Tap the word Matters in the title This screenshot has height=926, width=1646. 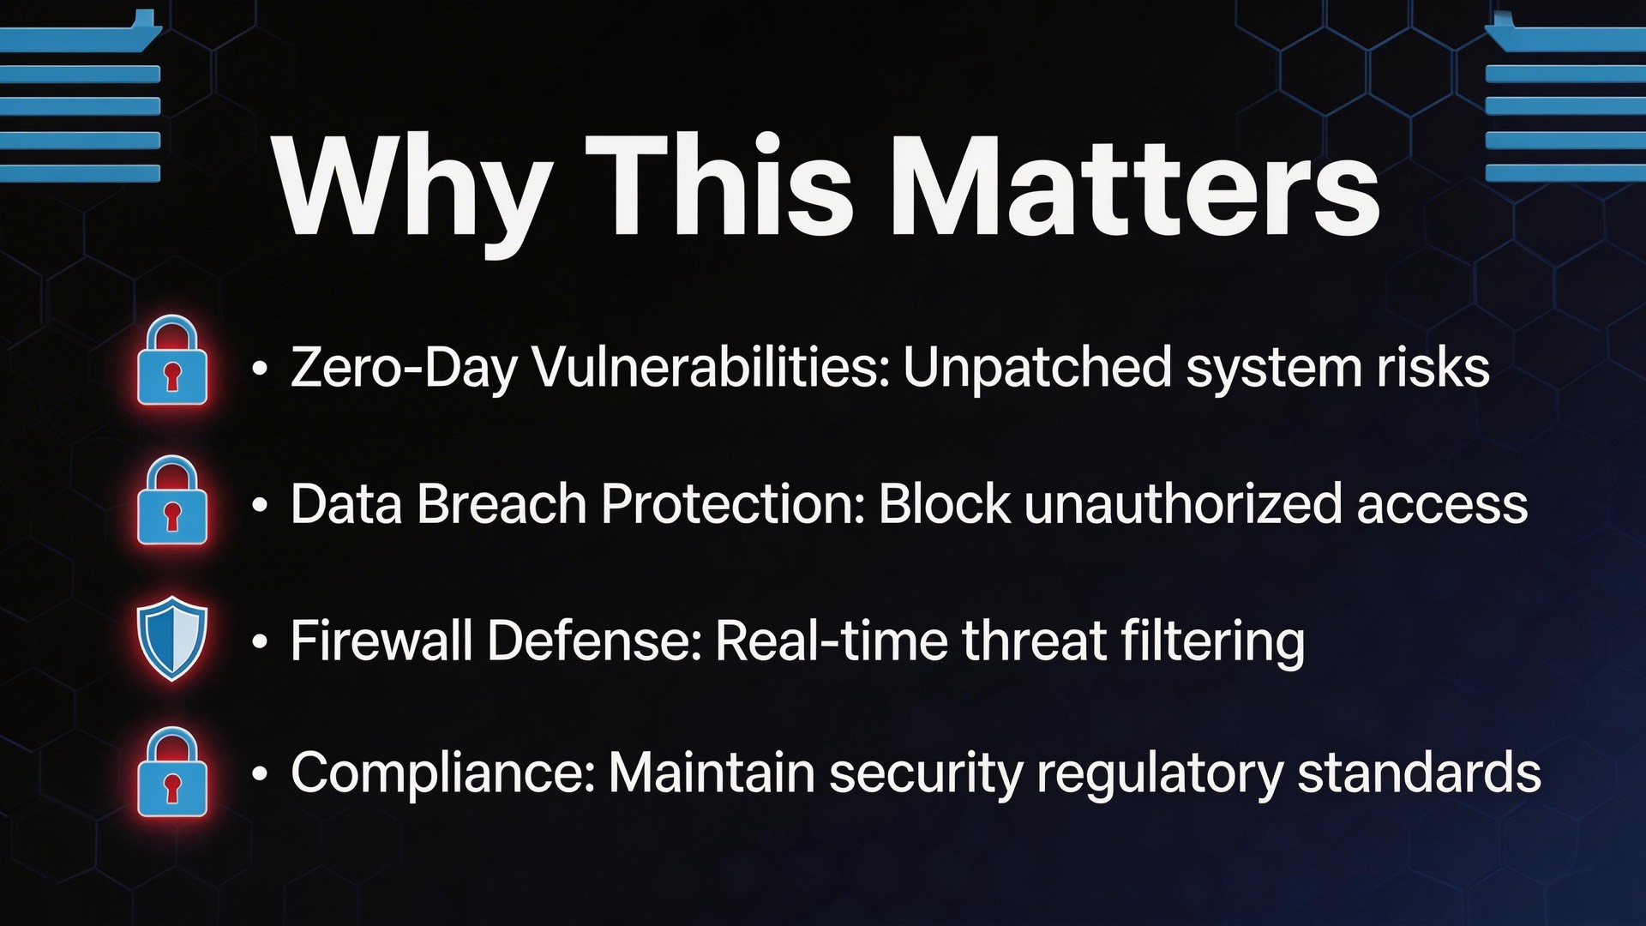point(1134,186)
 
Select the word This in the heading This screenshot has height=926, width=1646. point(719,186)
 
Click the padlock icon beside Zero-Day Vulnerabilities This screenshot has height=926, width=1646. point(172,360)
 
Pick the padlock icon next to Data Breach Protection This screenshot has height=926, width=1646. point(172,500)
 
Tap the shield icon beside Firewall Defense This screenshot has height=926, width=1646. point(172,638)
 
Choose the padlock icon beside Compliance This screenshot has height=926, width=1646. point(172,772)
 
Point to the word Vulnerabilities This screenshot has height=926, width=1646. point(712,367)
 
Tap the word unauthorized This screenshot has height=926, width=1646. point(1183,503)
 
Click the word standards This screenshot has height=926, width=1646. point(1419,773)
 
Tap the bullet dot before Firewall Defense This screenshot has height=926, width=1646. point(261,642)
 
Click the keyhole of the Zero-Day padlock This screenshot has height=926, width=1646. point(172,376)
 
